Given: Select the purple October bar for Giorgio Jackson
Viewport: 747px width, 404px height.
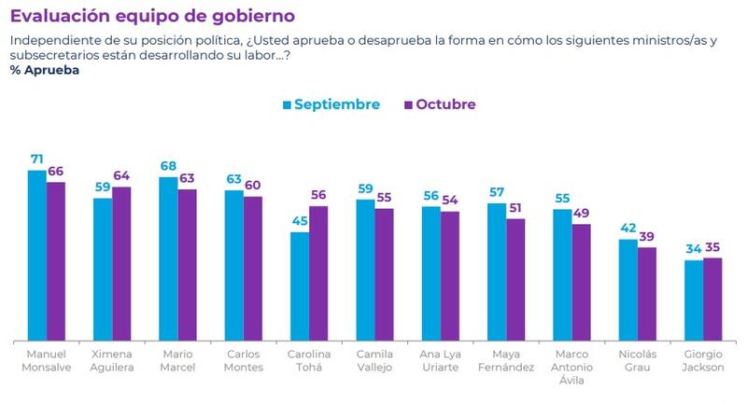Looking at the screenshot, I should tap(712, 299).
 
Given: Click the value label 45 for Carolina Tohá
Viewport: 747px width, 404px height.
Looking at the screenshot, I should tap(300, 222).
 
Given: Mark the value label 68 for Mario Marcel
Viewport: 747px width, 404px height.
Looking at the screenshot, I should tap(168, 166).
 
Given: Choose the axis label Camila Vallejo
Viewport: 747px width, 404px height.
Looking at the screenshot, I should tap(374, 361).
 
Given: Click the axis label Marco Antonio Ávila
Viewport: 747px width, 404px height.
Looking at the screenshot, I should tap(571, 368).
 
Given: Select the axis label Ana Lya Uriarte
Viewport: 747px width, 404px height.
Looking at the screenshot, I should tap(440, 361).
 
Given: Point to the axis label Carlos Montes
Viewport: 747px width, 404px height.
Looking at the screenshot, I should tap(244, 361).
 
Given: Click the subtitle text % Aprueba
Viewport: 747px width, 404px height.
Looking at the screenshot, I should tap(45, 71).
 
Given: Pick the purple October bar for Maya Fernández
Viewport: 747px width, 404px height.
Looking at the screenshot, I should tap(515, 279).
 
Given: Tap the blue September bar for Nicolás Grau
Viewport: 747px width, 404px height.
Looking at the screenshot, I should tap(628, 289).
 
